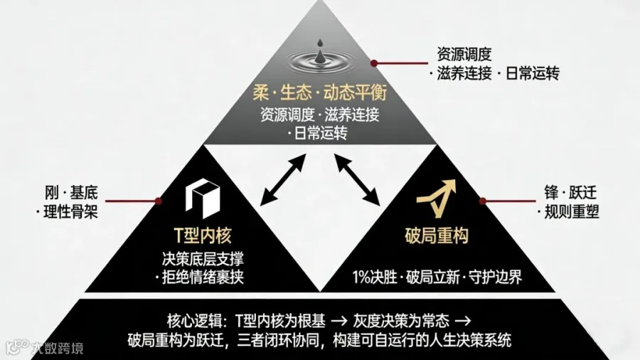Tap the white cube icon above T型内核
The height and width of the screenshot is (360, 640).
coord(203,197)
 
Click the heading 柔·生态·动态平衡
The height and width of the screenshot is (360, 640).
coord(319,92)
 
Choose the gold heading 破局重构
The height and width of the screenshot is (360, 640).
coord(436,235)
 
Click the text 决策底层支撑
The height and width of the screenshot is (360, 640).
coord(203,259)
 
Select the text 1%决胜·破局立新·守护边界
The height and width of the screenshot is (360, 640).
coord(437,277)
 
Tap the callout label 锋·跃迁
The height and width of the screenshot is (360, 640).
coord(568,192)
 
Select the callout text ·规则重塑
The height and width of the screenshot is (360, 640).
coord(568,211)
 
